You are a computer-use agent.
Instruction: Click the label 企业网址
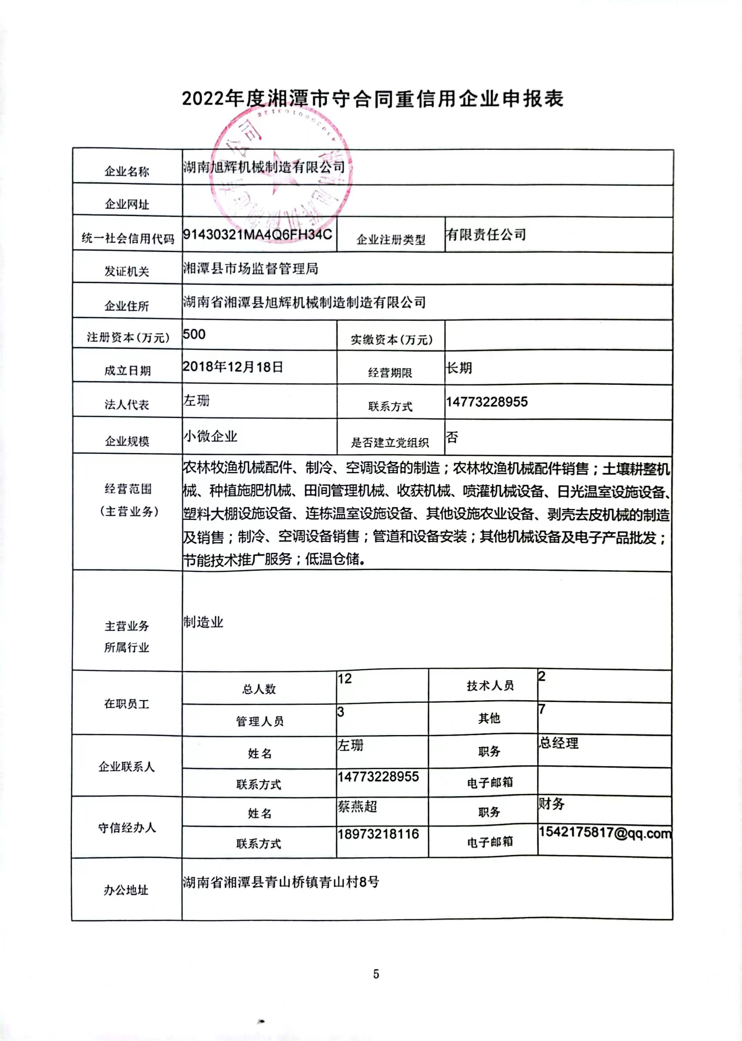coord(127,204)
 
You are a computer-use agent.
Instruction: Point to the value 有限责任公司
coord(486,235)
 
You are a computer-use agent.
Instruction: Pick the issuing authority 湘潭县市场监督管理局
coord(250,268)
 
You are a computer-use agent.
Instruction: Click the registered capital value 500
coord(194,334)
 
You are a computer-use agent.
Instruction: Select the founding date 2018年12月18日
coord(233,367)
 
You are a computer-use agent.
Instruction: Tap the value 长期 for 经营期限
coord(459,368)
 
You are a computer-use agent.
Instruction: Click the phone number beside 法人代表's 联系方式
coord(487,402)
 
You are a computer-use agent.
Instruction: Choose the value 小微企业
coord(211,436)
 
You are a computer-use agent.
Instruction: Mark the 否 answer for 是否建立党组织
coord(452,438)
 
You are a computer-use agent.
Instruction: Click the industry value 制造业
coord(203,622)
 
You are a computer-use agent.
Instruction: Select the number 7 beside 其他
coord(542,709)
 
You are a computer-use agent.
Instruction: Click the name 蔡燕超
coord(357,806)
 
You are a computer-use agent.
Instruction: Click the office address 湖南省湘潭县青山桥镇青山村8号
coord(281,882)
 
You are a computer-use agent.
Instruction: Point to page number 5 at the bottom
coord(376,974)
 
